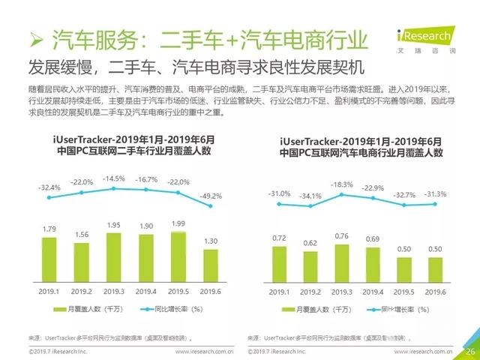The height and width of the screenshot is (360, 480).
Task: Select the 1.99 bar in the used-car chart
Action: (x=178, y=255)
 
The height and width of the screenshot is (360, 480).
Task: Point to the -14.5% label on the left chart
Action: (x=113, y=178)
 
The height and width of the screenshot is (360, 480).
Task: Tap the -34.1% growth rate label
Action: (x=310, y=196)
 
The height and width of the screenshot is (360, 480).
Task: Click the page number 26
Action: (x=470, y=350)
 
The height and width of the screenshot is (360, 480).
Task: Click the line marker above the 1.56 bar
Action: (x=81, y=192)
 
